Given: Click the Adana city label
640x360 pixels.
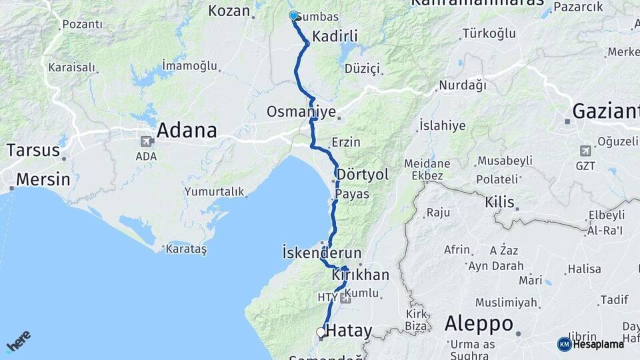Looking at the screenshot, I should pos(187,130).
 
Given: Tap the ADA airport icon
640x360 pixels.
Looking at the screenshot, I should pos(145,141).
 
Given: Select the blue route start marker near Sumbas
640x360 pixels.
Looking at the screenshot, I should pos(293,15).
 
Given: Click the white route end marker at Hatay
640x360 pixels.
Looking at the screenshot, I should pos(321,331).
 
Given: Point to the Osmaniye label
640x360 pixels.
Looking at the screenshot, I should pos(301,111).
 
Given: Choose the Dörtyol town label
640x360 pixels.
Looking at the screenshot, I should pos(363,175).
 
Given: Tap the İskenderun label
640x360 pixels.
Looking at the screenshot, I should pos(321,253).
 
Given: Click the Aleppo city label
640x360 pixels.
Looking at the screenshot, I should pos(479,324).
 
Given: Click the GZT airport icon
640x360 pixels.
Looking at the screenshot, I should pos(585,150).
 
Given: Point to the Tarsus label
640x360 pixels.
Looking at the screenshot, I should pos(33,149).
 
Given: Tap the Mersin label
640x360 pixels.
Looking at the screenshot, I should pos(43,179).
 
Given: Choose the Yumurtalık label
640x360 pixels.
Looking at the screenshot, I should pos(215,192).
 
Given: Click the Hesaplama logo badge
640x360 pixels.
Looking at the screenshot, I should pos(591,344).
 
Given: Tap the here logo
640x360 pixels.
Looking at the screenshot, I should pos(18,341).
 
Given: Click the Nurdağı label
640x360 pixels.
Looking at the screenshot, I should pos(463,85).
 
